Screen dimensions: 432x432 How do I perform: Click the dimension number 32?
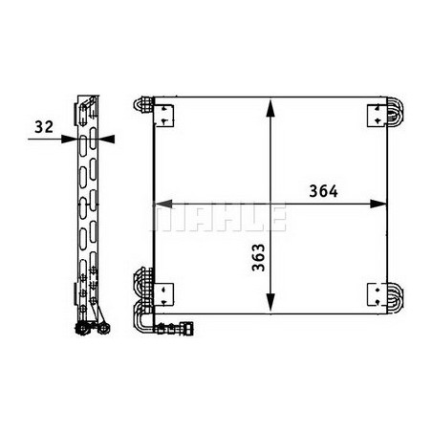pos(44,127)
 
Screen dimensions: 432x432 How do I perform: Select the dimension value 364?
pos(323,191)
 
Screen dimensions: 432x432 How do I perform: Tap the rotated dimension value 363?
pos(258,257)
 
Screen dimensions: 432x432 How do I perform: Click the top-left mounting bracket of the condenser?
pos(164,116)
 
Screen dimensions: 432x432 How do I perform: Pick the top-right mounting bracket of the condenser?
pos(378,116)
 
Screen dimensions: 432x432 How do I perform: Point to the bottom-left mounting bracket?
pos(164,295)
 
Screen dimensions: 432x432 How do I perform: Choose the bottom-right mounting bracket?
pos(378,295)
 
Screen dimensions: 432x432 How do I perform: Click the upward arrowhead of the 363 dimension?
pos(270,108)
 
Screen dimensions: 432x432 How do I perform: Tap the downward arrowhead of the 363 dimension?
pos(270,302)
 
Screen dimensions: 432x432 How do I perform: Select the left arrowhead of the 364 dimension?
pos(163,204)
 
